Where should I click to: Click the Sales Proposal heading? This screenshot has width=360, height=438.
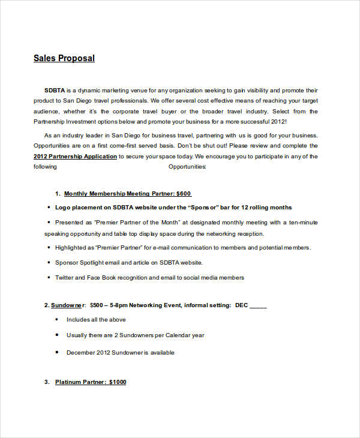pyautogui.click(x=64, y=58)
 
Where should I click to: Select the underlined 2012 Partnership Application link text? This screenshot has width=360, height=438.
pyautogui.click(x=76, y=157)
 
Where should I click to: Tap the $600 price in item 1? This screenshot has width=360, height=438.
pyautogui.click(x=184, y=193)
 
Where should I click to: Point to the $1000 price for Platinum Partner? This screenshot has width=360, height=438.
pyautogui.click(x=117, y=382)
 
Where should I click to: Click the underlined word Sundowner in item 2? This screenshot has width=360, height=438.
pyautogui.click(x=68, y=305)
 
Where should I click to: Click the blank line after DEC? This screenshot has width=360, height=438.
pyautogui.click(x=258, y=305)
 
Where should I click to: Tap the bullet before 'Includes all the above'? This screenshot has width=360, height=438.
pyautogui.click(x=57, y=319)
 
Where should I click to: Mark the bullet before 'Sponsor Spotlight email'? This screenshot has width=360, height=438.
pyautogui.click(x=48, y=262)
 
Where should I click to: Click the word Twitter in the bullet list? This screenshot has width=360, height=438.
pyautogui.click(x=64, y=278)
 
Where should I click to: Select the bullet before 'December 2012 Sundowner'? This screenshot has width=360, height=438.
pyautogui.click(x=57, y=352)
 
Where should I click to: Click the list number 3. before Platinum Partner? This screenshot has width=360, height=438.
pyautogui.click(x=47, y=382)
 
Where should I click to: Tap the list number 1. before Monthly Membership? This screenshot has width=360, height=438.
pyautogui.click(x=58, y=193)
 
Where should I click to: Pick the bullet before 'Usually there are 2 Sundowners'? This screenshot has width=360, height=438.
pyautogui.click(x=57, y=335)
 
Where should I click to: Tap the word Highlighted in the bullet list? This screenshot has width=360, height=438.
pyautogui.click(x=70, y=247)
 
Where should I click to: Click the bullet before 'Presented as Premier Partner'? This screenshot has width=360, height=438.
pyautogui.click(x=48, y=221)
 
